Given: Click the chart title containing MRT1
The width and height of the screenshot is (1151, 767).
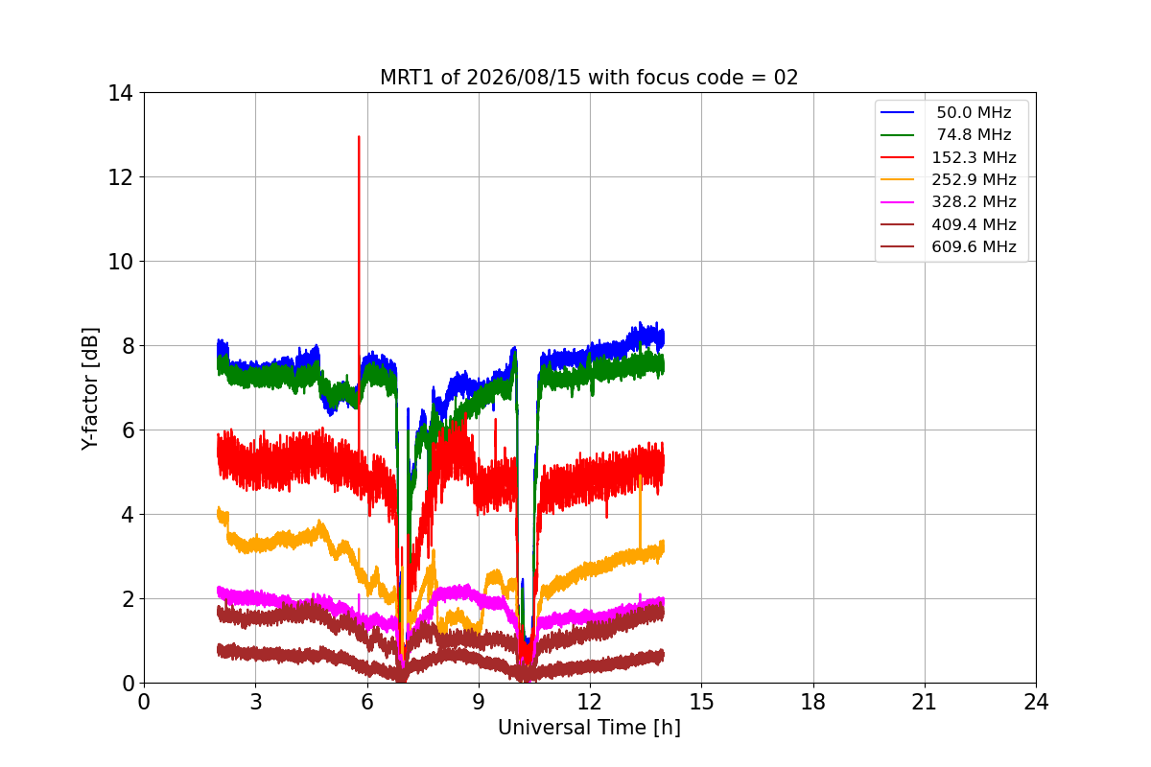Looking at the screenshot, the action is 589,78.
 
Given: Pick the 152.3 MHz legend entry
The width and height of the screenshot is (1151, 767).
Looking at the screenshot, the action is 948,157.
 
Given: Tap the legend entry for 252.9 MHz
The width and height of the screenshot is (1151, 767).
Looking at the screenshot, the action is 948,179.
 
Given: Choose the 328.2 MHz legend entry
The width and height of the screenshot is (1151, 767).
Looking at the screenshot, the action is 948,202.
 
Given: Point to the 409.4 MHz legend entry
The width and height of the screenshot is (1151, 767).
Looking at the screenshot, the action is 948,224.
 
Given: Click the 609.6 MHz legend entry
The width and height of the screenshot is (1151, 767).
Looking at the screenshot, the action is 948,246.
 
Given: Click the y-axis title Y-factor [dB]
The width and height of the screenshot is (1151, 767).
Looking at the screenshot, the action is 89,389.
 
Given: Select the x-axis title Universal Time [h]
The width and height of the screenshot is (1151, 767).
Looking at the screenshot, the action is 589,728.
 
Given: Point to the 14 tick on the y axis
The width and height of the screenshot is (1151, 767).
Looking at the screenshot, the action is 120,94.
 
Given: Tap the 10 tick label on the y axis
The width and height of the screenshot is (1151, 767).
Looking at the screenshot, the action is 120,262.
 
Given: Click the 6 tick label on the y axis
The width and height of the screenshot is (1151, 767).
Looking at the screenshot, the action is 128,430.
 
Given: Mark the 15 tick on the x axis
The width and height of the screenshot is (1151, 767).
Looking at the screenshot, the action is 701,702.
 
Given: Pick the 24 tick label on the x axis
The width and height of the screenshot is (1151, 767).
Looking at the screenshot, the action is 1036,702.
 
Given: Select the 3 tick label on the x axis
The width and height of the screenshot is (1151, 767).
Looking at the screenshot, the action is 256,702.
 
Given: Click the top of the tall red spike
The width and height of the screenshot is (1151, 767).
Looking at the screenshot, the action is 359,137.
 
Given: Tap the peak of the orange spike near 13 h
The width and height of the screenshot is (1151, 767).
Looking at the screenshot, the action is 640,476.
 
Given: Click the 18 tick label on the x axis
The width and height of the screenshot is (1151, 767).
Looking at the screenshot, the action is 813,702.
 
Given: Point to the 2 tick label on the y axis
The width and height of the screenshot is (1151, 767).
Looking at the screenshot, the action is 128,599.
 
